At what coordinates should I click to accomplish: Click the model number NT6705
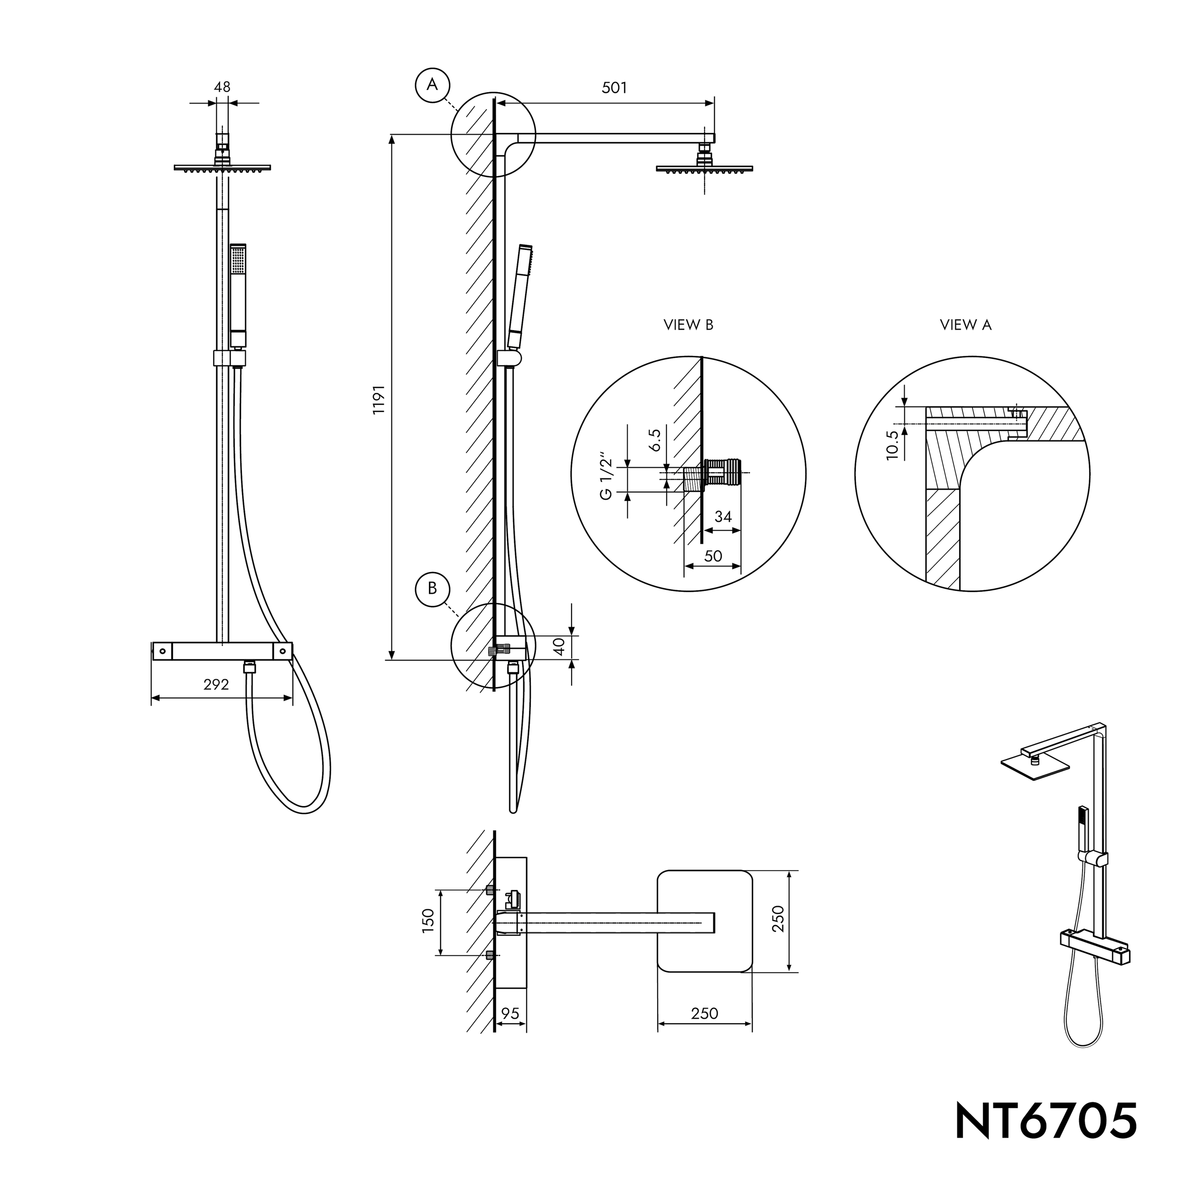(x=1046, y=1121)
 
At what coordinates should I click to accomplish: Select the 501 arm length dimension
(x=614, y=88)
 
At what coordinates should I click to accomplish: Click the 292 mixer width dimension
(x=216, y=685)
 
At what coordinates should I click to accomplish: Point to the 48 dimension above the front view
(x=222, y=87)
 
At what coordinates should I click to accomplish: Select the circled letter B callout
(x=433, y=588)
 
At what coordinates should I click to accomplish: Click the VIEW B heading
(x=688, y=325)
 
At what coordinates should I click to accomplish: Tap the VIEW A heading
(x=965, y=325)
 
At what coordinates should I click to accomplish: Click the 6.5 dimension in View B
(x=655, y=441)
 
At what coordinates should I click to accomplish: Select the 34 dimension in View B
(x=723, y=517)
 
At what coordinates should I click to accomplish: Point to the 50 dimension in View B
(x=713, y=556)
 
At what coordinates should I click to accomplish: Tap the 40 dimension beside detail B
(x=559, y=647)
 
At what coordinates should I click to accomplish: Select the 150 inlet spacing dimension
(x=428, y=921)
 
